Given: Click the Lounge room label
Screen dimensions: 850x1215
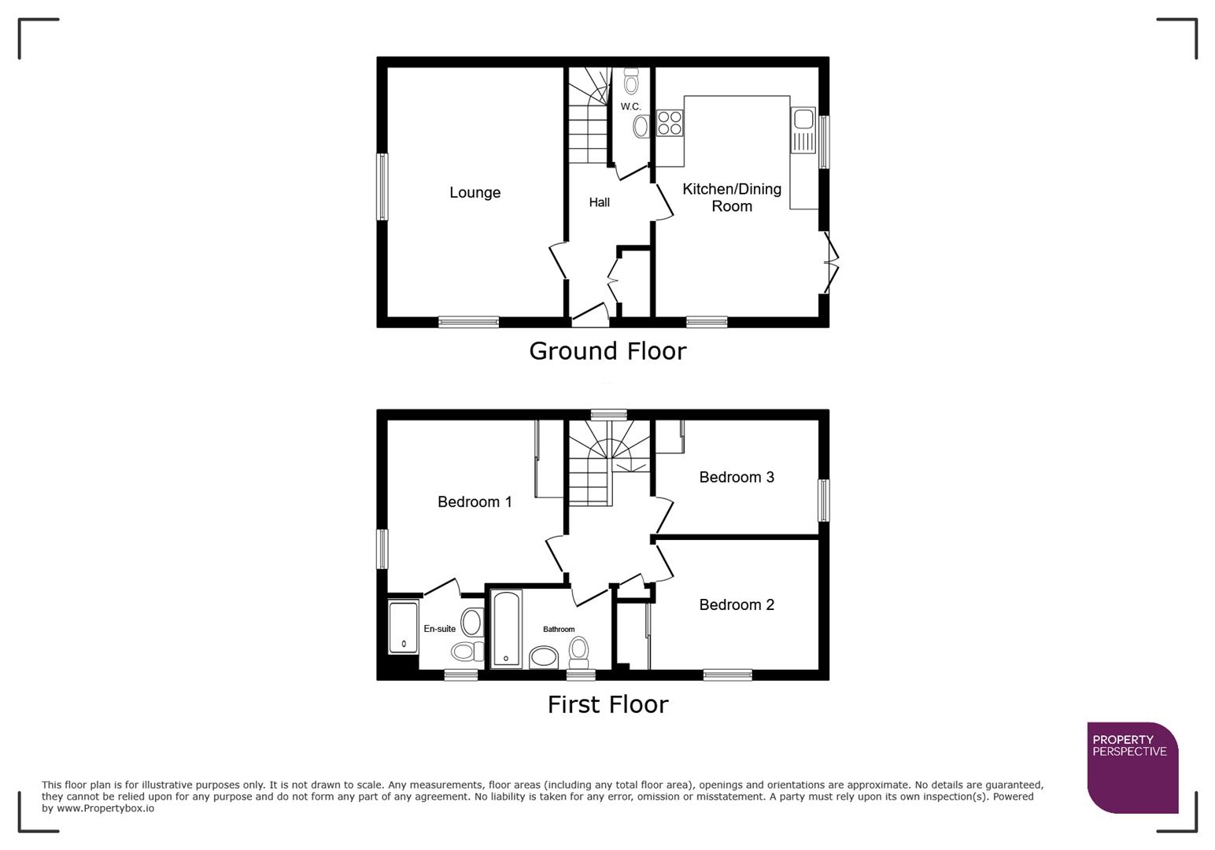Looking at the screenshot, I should pyautogui.click(x=475, y=193).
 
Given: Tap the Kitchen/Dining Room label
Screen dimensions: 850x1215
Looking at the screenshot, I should pyautogui.click(x=731, y=198).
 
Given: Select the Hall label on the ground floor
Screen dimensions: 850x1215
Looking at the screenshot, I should pyautogui.click(x=599, y=202).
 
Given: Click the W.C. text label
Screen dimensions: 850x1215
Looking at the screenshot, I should pyautogui.click(x=630, y=106).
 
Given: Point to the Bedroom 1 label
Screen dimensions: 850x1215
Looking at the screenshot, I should pyautogui.click(x=475, y=502).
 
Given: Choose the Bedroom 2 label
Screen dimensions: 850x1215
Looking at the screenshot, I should pyautogui.click(x=737, y=604).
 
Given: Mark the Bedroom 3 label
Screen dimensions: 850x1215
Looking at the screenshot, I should pyautogui.click(x=737, y=477).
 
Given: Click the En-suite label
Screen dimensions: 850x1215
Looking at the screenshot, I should pyautogui.click(x=439, y=629).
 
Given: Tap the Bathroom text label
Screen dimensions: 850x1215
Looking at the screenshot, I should pyautogui.click(x=559, y=630).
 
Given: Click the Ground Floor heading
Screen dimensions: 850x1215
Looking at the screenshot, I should pyautogui.click(x=607, y=351).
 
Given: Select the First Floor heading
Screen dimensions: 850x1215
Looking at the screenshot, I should pyautogui.click(x=607, y=704).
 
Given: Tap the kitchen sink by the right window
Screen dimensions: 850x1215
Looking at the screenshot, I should pyautogui.click(x=803, y=131).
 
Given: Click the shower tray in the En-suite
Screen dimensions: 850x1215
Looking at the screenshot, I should pyautogui.click(x=403, y=627).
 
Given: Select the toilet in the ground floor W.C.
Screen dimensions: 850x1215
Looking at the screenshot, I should pyautogui.click(x=631, y=80).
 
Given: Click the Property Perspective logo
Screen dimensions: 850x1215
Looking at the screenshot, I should pyautogui.click(x=1132, y=767).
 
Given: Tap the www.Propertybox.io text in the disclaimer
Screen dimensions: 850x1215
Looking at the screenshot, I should pyautogui.click(x=105, y=808).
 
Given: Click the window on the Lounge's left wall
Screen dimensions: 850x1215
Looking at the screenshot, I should pyautogui.click(x=382, y=187).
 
